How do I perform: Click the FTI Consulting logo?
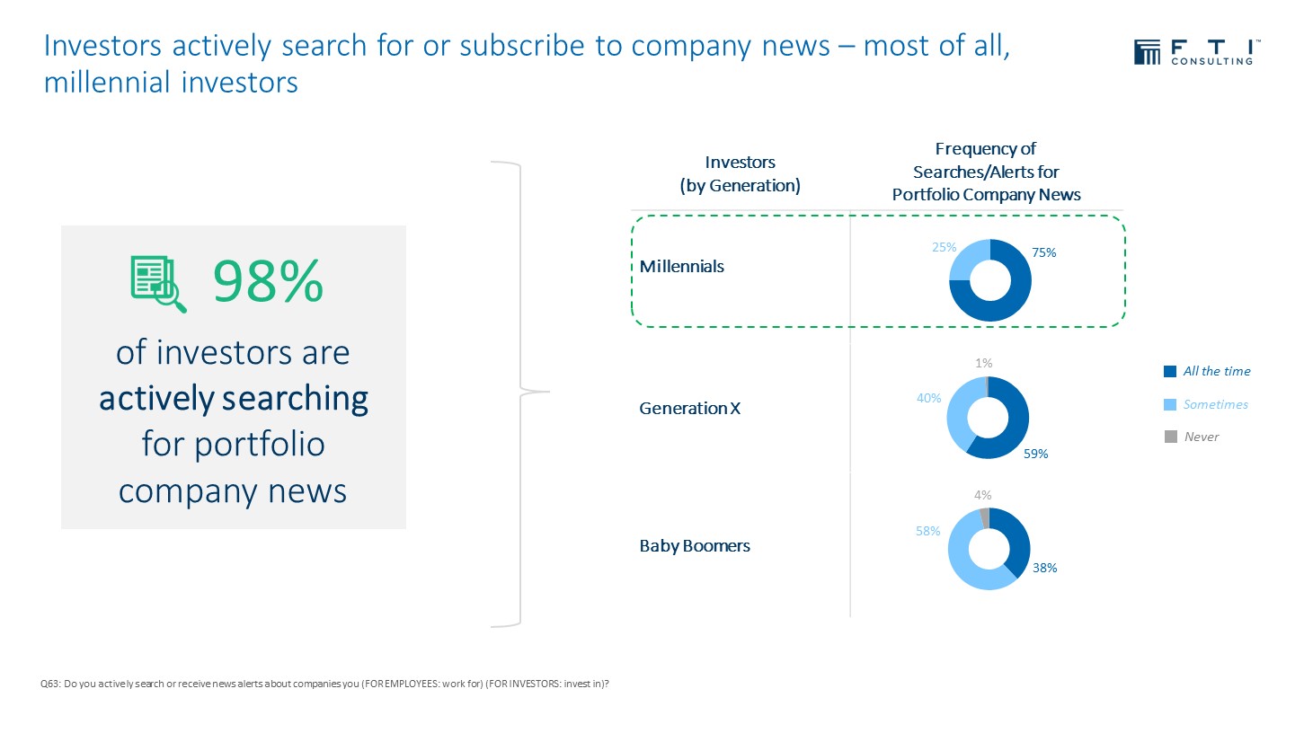(1197, 52)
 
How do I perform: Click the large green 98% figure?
(268, 282)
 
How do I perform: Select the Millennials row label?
(682, 267)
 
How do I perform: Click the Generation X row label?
(690, 409)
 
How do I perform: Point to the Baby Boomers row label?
(695, 545)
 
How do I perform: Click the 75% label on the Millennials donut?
(1043, 252)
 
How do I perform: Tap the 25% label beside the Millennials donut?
(945, 247)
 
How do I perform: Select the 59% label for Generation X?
(1035, 454)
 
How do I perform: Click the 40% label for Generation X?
(929, 398)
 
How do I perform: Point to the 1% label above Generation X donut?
(984, 363)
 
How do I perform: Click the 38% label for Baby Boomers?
(1045, 568)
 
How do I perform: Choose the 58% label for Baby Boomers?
(928, 531)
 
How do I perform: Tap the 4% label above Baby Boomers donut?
(982, 495)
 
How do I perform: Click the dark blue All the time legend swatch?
(1170, 372)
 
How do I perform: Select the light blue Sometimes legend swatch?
(1170, 405)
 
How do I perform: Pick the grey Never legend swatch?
(1170, 437)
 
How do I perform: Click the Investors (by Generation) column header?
(740, 173)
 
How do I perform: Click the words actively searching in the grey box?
(234, 399)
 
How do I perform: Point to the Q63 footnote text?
(324, 684)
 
